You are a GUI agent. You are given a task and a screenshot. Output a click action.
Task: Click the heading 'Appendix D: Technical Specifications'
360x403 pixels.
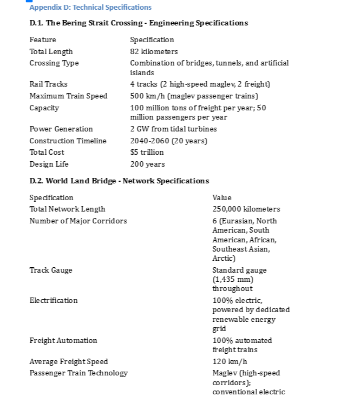[x=90, y=7]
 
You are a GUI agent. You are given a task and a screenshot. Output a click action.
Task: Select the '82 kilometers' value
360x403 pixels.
[x=154, y=51]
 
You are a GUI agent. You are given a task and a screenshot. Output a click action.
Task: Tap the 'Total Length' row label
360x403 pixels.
[x=51, y=51]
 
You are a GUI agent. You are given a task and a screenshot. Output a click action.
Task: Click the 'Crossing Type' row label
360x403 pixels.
[x=54, y=63]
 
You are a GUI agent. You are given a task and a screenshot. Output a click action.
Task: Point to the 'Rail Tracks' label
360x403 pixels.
[x=49, y=84]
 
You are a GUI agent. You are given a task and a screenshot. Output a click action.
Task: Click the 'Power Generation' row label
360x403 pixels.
[x=61, y=129]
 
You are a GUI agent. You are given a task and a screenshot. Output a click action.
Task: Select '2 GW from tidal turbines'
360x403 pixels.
[x=173, y=129]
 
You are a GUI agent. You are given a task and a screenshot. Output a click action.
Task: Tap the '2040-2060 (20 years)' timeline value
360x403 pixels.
[x=169, y=141]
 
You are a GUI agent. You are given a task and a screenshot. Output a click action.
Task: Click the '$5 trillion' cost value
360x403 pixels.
[x=147, y=152]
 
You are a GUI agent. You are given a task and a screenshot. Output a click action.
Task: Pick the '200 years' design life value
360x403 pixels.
[x=147, y=164]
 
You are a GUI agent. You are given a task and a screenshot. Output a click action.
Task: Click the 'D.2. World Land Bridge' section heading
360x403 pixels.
[x=119, y=181]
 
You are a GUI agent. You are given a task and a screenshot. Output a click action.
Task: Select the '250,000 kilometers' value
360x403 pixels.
[x=246, y=209]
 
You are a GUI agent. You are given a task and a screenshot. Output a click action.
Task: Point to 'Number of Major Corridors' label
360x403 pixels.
[x=78, y=221]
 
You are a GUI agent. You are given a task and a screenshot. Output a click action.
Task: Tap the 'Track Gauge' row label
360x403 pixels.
[x=51, y=270]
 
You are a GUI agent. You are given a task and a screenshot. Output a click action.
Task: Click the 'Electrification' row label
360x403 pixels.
[x=54, y=300]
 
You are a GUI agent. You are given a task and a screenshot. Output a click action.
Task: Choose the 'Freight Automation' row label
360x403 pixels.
[x=63, y=340]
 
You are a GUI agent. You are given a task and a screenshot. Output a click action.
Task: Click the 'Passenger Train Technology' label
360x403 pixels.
[x=78, y=373]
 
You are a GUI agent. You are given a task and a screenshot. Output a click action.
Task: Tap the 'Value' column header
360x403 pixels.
[x=222, y=197]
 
